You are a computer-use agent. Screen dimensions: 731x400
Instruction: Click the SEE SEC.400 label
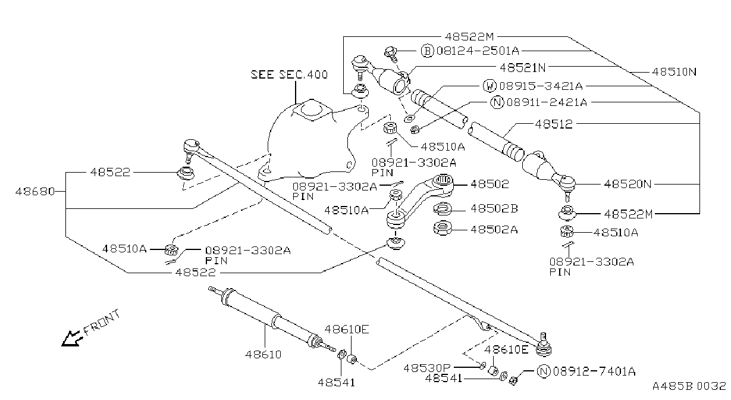289,74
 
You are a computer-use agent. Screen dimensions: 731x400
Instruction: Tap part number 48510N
674,72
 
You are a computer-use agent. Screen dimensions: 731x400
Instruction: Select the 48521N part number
523,68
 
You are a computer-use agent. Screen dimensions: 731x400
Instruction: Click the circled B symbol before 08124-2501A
427,51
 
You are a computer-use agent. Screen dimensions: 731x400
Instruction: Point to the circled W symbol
490,86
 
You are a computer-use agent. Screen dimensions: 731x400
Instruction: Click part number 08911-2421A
547,102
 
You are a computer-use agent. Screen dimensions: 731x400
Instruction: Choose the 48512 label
554,124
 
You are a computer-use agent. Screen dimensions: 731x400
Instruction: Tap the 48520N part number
628,184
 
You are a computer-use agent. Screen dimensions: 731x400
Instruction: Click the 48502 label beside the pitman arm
490,184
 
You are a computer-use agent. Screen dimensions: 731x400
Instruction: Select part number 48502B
494,208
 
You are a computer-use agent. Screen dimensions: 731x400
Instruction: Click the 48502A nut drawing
443,228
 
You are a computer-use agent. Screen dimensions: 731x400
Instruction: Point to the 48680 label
35,191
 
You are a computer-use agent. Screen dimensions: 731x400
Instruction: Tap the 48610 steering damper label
263,354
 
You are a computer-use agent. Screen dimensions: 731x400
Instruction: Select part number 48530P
427,368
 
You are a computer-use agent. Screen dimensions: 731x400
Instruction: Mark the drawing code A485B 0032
689,386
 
